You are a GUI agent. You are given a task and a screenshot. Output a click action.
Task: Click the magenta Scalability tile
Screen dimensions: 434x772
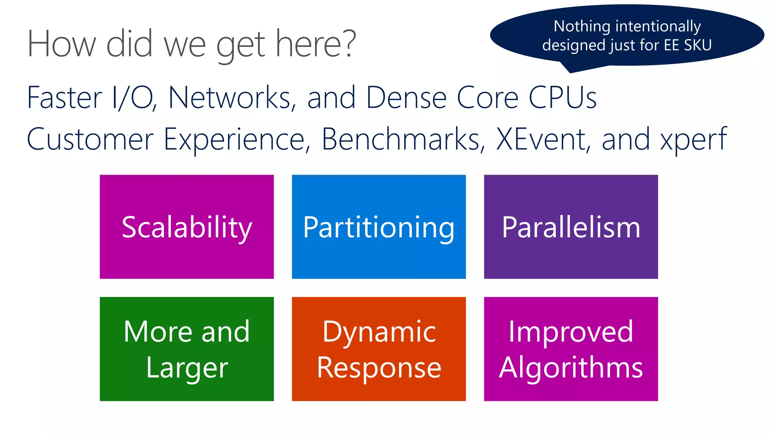click(187, 227)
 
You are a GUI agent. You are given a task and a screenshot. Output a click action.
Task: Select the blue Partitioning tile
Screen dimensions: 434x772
click(378, 227)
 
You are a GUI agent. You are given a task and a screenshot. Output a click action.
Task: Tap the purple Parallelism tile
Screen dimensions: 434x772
click(571, 227)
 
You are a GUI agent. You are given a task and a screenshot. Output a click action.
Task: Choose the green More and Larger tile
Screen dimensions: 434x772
click(187, 349)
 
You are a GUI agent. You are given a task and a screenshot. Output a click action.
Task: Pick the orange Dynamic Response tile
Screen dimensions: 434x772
click(378, 349)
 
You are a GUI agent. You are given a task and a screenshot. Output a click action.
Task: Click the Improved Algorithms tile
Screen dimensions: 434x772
click(571, 349)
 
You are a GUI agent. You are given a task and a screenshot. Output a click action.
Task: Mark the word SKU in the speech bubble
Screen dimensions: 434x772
click(697, 45)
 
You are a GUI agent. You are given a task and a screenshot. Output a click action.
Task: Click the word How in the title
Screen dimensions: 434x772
click(61, 44)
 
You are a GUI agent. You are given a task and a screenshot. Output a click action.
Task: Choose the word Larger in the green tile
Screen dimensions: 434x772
click(187, 368)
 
